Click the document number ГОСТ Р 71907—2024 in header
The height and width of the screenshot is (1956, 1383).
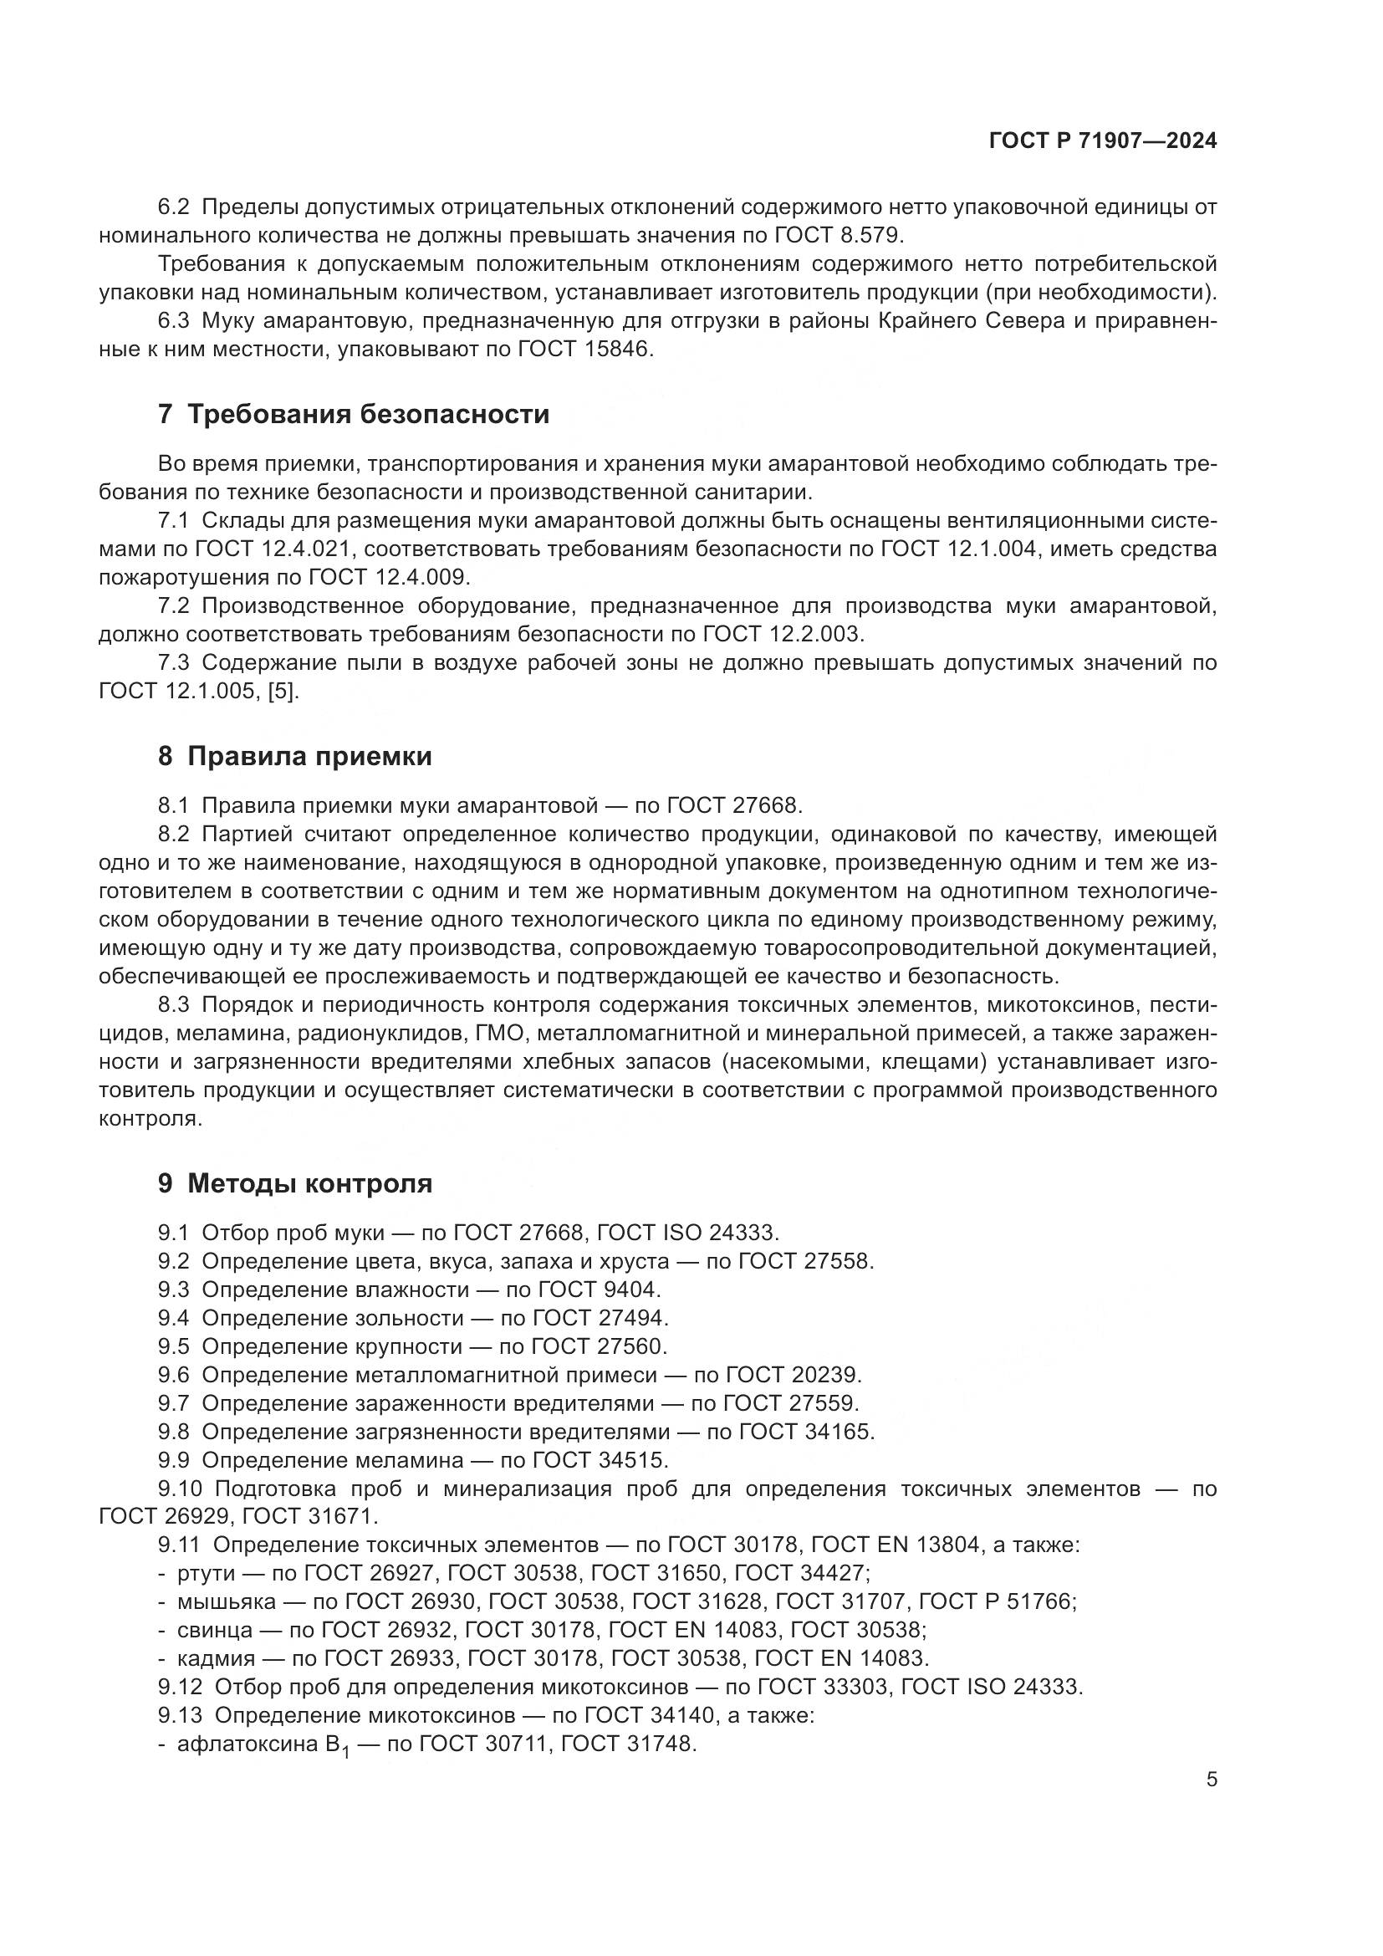[1103, 141]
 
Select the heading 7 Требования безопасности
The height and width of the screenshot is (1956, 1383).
[354, 415]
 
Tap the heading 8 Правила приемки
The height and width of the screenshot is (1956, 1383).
[294, 757]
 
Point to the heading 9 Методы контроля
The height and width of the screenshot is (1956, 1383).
[294, 1183]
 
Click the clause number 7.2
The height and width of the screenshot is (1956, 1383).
[173, 605]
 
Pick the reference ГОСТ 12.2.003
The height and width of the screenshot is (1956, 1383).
[783, 635]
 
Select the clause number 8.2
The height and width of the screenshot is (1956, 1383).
[173, 834]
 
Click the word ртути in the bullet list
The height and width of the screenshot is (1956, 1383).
[204, 1574]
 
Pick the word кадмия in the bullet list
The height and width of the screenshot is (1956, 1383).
[216, 1658]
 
